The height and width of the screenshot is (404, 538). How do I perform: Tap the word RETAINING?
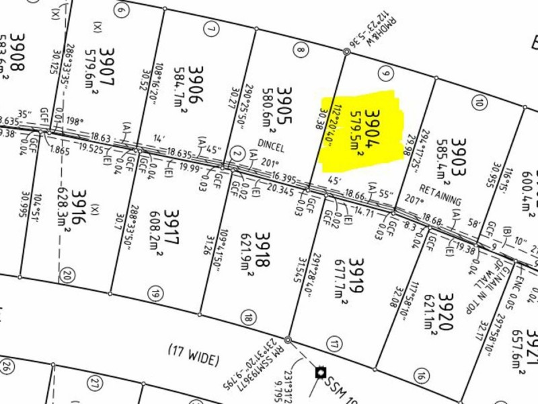tap(440, 196)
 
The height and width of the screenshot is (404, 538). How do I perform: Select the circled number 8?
tap(301, 49)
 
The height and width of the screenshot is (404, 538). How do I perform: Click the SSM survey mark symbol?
tap(319, 372)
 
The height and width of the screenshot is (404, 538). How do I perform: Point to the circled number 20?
tap(66, 275)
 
